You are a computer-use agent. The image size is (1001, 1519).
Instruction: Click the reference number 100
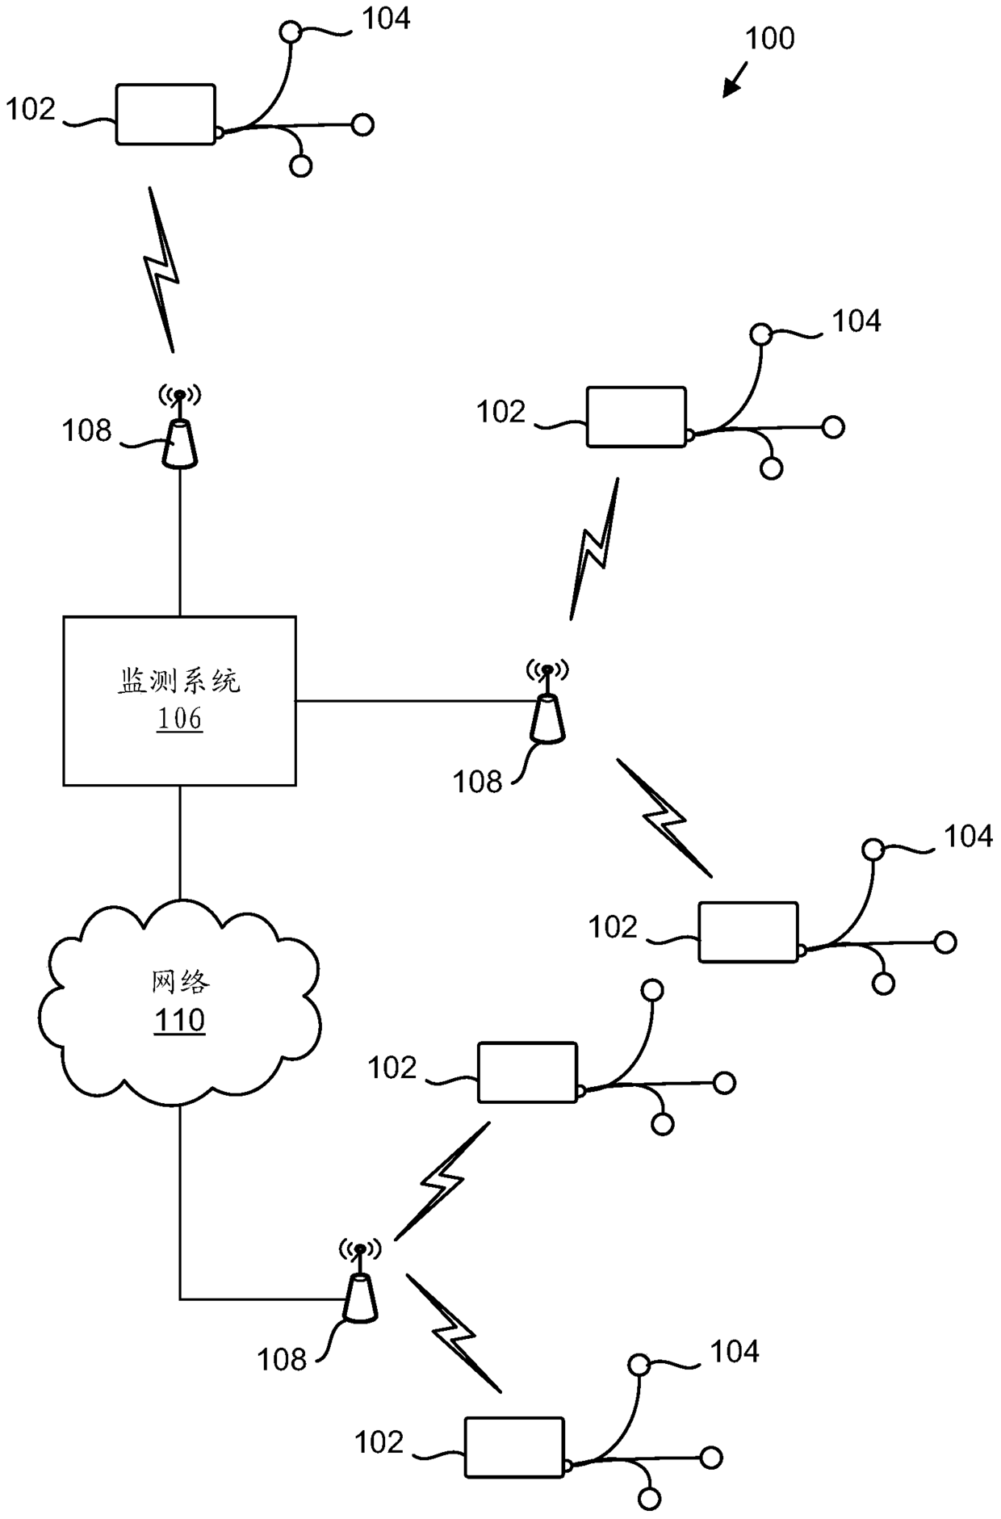point(769,39)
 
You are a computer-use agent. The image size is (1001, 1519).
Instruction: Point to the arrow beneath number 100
point(735,82)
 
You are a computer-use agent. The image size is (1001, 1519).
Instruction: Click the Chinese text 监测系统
point(179,681)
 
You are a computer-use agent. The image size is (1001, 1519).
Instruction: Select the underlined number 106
point(179,718)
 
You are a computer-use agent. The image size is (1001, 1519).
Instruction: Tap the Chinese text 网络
point(180,982)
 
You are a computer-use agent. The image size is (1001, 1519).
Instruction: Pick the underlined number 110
point(179,1020)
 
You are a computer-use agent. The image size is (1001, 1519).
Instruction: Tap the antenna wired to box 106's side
point(547,700)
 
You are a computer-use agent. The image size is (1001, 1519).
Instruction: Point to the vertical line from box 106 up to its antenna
point(179,542)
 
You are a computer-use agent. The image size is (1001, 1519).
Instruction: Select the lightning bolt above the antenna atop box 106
point(161,270)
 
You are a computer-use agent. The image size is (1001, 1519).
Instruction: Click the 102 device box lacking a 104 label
point(527,1072)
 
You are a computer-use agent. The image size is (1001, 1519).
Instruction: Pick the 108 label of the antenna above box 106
point(86,431)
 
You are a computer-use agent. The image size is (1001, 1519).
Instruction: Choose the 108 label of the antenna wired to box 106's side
point(477,782)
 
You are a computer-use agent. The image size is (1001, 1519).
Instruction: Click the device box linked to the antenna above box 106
point(165,114)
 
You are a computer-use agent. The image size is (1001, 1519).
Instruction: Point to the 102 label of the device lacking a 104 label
point(392,1068)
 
